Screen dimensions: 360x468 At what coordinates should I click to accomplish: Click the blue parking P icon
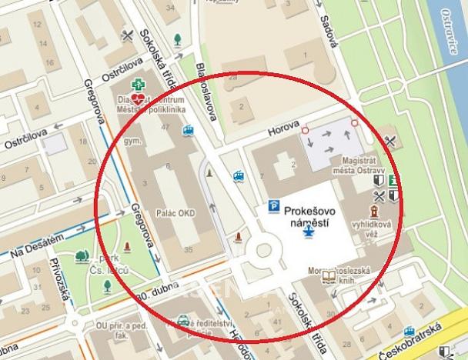[x=273, y=205]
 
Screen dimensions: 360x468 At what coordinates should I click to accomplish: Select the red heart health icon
[x=138, y=99]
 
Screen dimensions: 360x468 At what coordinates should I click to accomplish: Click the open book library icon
[x=329, y=275]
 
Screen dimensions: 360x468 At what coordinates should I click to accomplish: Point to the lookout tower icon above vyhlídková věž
[x=375, y=210]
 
